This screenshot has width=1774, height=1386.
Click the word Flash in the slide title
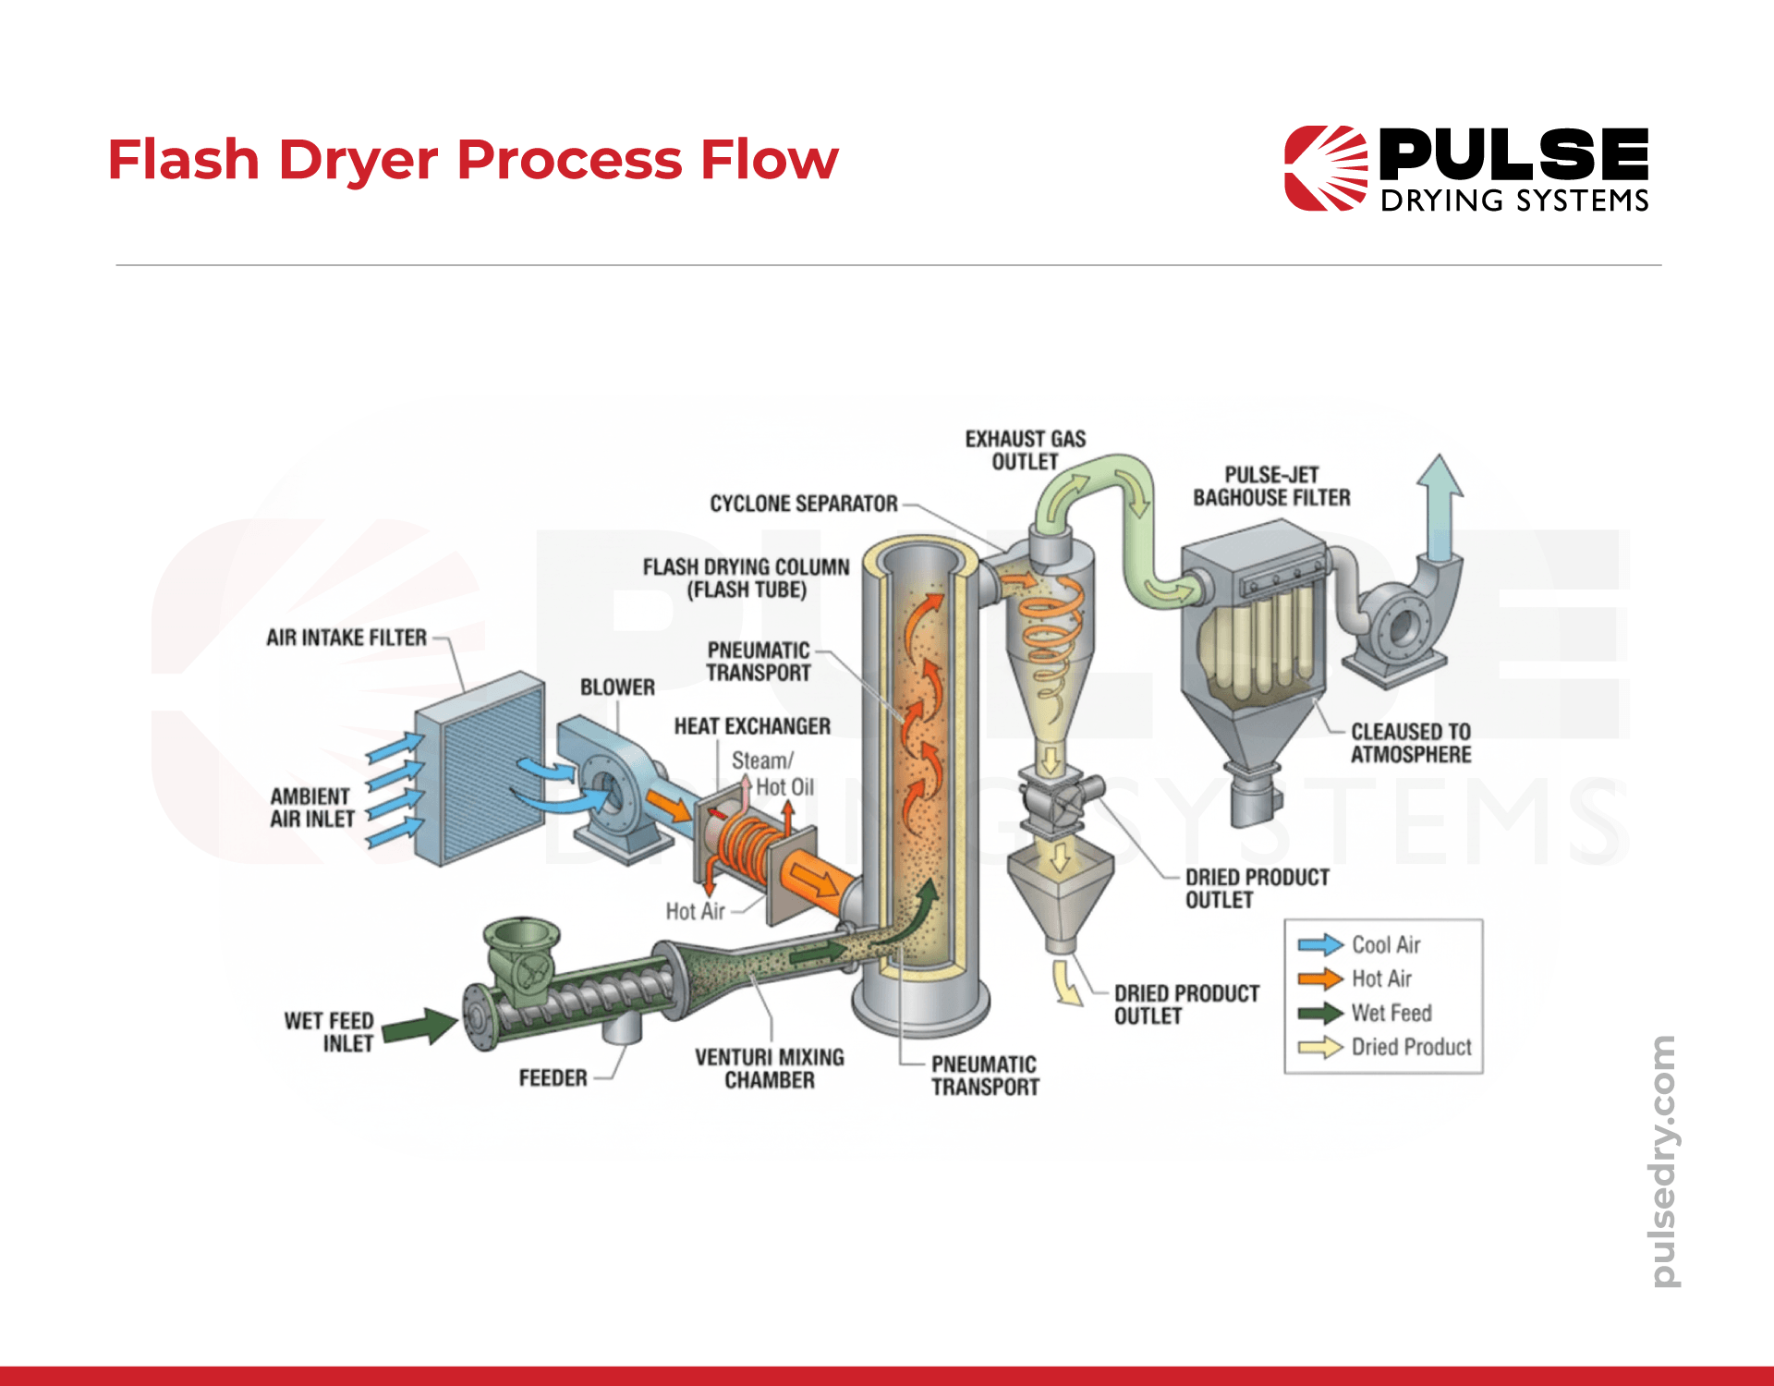183,160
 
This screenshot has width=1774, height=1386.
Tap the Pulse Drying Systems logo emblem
1325,168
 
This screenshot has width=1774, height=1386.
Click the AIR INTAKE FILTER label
346,638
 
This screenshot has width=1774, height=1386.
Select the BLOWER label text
617,687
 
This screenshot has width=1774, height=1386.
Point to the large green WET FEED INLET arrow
420,1027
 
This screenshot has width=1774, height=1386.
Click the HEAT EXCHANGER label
751,726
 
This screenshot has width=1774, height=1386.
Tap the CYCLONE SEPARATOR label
803,504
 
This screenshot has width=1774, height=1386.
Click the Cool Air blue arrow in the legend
1319,944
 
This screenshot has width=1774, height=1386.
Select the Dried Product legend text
1411,1047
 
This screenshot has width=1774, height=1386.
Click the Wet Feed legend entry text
1391,1013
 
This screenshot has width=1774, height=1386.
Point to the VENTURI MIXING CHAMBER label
769,1068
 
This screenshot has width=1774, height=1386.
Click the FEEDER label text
553,1078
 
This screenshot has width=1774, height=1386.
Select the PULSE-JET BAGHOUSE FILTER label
1271,486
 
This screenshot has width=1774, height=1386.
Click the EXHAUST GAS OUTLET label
1025,450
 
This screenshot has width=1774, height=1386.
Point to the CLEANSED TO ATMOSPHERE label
1410,743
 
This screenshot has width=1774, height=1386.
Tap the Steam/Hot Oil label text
772,773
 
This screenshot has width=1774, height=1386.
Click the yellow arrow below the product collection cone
1068,982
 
